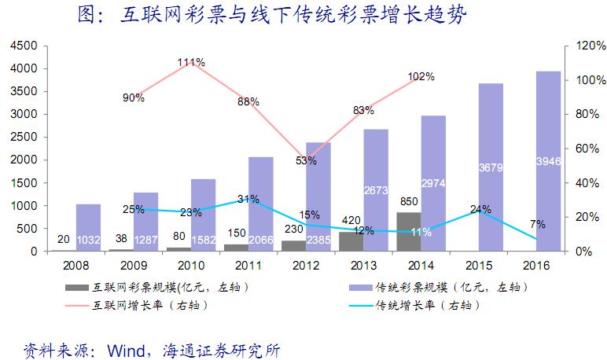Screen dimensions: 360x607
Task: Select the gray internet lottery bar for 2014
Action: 408,232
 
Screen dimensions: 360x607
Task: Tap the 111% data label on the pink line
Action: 191,62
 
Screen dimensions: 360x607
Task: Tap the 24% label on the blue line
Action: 481,209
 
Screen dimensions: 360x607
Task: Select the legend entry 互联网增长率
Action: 149,305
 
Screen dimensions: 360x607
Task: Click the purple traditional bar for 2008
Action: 88,227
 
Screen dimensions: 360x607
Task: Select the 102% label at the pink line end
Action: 422,77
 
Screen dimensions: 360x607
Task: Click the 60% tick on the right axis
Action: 584,149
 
